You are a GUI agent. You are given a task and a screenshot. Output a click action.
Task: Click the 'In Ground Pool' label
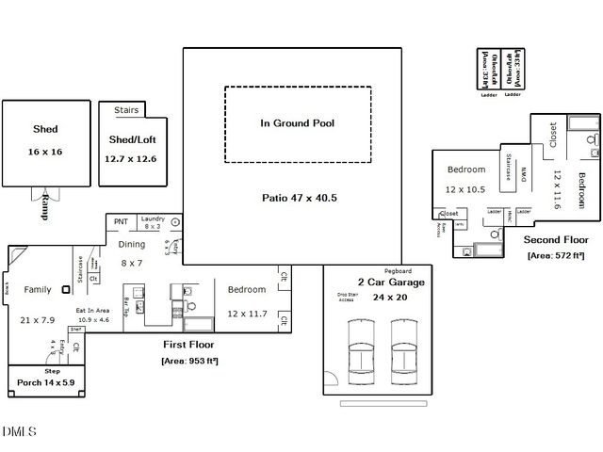298,123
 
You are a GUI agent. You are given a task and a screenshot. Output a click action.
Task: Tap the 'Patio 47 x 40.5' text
299,198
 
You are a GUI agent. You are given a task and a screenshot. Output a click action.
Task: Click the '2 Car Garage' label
390,282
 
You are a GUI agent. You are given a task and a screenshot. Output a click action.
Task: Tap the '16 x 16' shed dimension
44,151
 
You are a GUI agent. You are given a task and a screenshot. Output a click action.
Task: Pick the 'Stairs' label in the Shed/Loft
126,110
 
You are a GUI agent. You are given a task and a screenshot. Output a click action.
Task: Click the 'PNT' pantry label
121,221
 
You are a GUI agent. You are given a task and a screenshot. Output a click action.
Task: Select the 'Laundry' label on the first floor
153,218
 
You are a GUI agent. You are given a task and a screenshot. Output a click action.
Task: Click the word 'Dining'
132,245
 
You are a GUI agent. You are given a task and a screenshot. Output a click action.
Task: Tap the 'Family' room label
38,290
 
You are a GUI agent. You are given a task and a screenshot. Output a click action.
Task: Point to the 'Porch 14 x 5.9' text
45,383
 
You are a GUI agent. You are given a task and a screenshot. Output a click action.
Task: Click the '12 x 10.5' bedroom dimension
465,189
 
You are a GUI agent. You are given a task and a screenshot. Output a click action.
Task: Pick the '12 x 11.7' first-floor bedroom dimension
247,314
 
